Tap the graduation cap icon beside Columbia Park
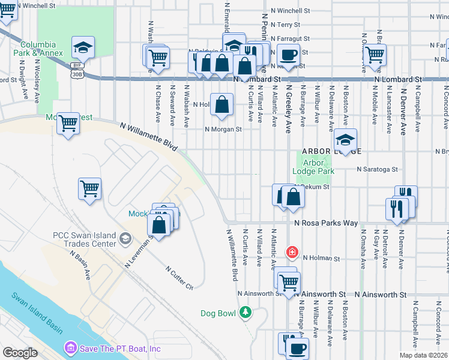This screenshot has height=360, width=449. coord(83,47)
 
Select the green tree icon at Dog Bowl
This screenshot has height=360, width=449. coord(245,311)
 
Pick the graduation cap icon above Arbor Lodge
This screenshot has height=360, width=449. coord(345,140)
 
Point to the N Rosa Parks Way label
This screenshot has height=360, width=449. coord(326,223)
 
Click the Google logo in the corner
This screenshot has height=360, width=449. coord(20,353)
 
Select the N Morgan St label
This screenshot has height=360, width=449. coord(223,129)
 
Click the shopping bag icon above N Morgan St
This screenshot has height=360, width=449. coord(222,104)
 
